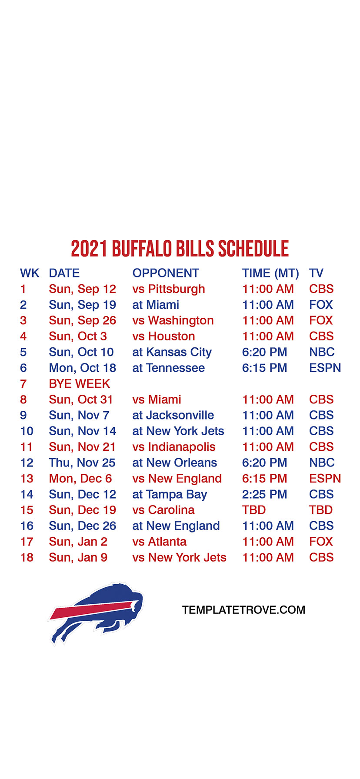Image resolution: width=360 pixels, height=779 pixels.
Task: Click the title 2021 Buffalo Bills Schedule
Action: pos(180,249)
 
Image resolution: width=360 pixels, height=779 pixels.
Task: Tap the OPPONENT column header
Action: pos(166,273)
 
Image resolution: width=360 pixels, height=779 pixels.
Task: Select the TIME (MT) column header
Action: pos(270,273)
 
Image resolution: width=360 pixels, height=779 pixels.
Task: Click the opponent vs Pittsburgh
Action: pos(169,289)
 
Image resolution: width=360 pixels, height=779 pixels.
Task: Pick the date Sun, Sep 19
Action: pos(83,305)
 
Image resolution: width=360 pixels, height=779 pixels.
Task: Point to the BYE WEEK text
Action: pos(80,384)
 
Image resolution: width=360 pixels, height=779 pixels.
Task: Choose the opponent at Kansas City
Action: pos(172,353)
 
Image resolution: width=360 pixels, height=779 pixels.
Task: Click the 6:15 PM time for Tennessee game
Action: pos(264,368)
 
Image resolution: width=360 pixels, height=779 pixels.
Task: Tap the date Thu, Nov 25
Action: pos(82,463)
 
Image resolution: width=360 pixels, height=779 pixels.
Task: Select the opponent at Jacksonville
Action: pos(173,415)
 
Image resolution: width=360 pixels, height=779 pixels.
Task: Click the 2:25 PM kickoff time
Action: pos(264,494)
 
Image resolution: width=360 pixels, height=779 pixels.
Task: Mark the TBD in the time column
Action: pos(254,510)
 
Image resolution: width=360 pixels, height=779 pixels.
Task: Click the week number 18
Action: pos(27,557)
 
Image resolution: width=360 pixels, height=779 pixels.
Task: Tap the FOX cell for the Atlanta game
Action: pos(321,542)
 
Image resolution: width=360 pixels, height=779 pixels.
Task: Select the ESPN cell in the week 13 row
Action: pos(325,479)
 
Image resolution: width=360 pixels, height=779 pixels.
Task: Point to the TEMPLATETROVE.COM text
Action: pos(243,610)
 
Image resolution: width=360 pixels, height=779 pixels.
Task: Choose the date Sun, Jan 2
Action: pos(78,542)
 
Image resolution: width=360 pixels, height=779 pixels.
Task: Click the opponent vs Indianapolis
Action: pos(174,447)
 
